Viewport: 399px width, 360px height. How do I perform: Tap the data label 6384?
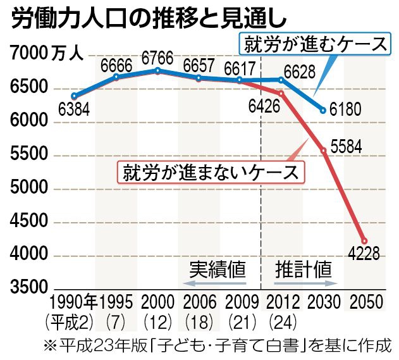[73, 110]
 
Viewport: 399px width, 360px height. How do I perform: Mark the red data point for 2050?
[364, 240]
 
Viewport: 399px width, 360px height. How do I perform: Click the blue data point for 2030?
[323, 110]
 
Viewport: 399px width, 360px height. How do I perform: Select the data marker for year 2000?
[158, 70]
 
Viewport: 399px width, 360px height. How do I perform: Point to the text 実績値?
[218, 269]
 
